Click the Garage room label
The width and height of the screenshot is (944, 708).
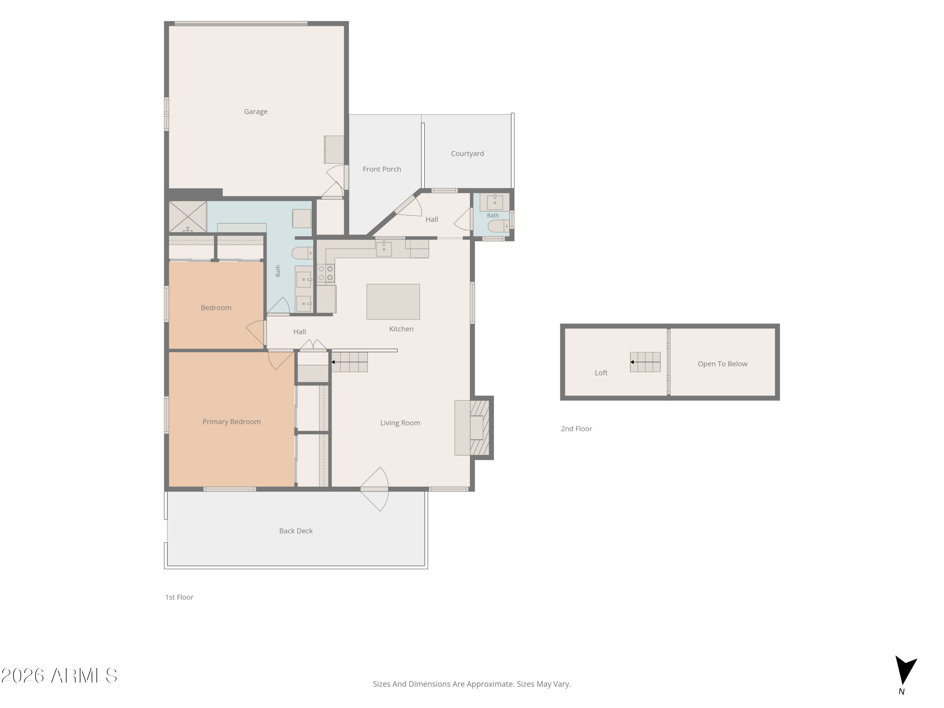point(256,111)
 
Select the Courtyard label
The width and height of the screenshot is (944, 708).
point(467,154)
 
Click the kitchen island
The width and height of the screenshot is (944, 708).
point(393,302)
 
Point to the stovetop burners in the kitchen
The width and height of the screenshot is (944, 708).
point(326,273)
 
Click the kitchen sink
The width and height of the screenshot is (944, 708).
point(384,248)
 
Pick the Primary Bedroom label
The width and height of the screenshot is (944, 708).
point(231,422)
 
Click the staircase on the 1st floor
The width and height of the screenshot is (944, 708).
point(350,362)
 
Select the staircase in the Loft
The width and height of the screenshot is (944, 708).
point(645,362)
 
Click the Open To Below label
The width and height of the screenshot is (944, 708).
point(722,364)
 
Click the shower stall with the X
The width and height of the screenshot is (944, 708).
point(188,217)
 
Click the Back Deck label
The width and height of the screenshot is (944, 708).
point(296,531)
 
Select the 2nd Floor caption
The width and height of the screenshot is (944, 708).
point(576,429)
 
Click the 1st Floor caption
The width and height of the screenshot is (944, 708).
point(179,598)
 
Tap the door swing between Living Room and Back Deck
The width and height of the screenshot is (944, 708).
point(375,489)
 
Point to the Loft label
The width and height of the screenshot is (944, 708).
point(601,373)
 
